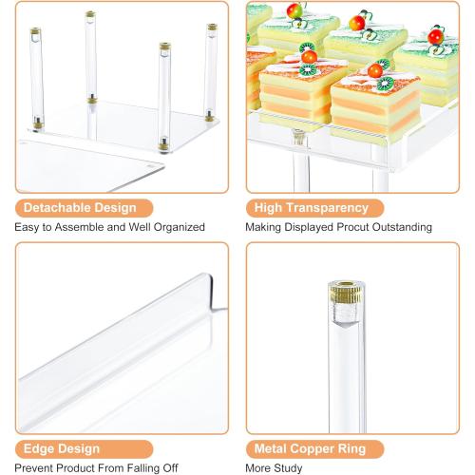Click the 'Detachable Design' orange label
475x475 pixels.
[x=84, y=208]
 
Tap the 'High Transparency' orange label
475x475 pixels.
[x=314, y=208]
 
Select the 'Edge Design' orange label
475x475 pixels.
[x=84, y=449]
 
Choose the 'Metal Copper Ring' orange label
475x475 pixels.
[x=314, y=449]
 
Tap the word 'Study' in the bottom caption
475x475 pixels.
[x=288, y=468]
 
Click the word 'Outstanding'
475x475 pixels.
[x=402, y=227]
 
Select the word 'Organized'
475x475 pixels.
[x=180, y=227]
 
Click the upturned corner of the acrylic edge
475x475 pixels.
[x=210, y=278]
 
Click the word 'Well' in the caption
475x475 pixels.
[x=140, y=227]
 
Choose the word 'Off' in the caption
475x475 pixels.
[x=170, y=468]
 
